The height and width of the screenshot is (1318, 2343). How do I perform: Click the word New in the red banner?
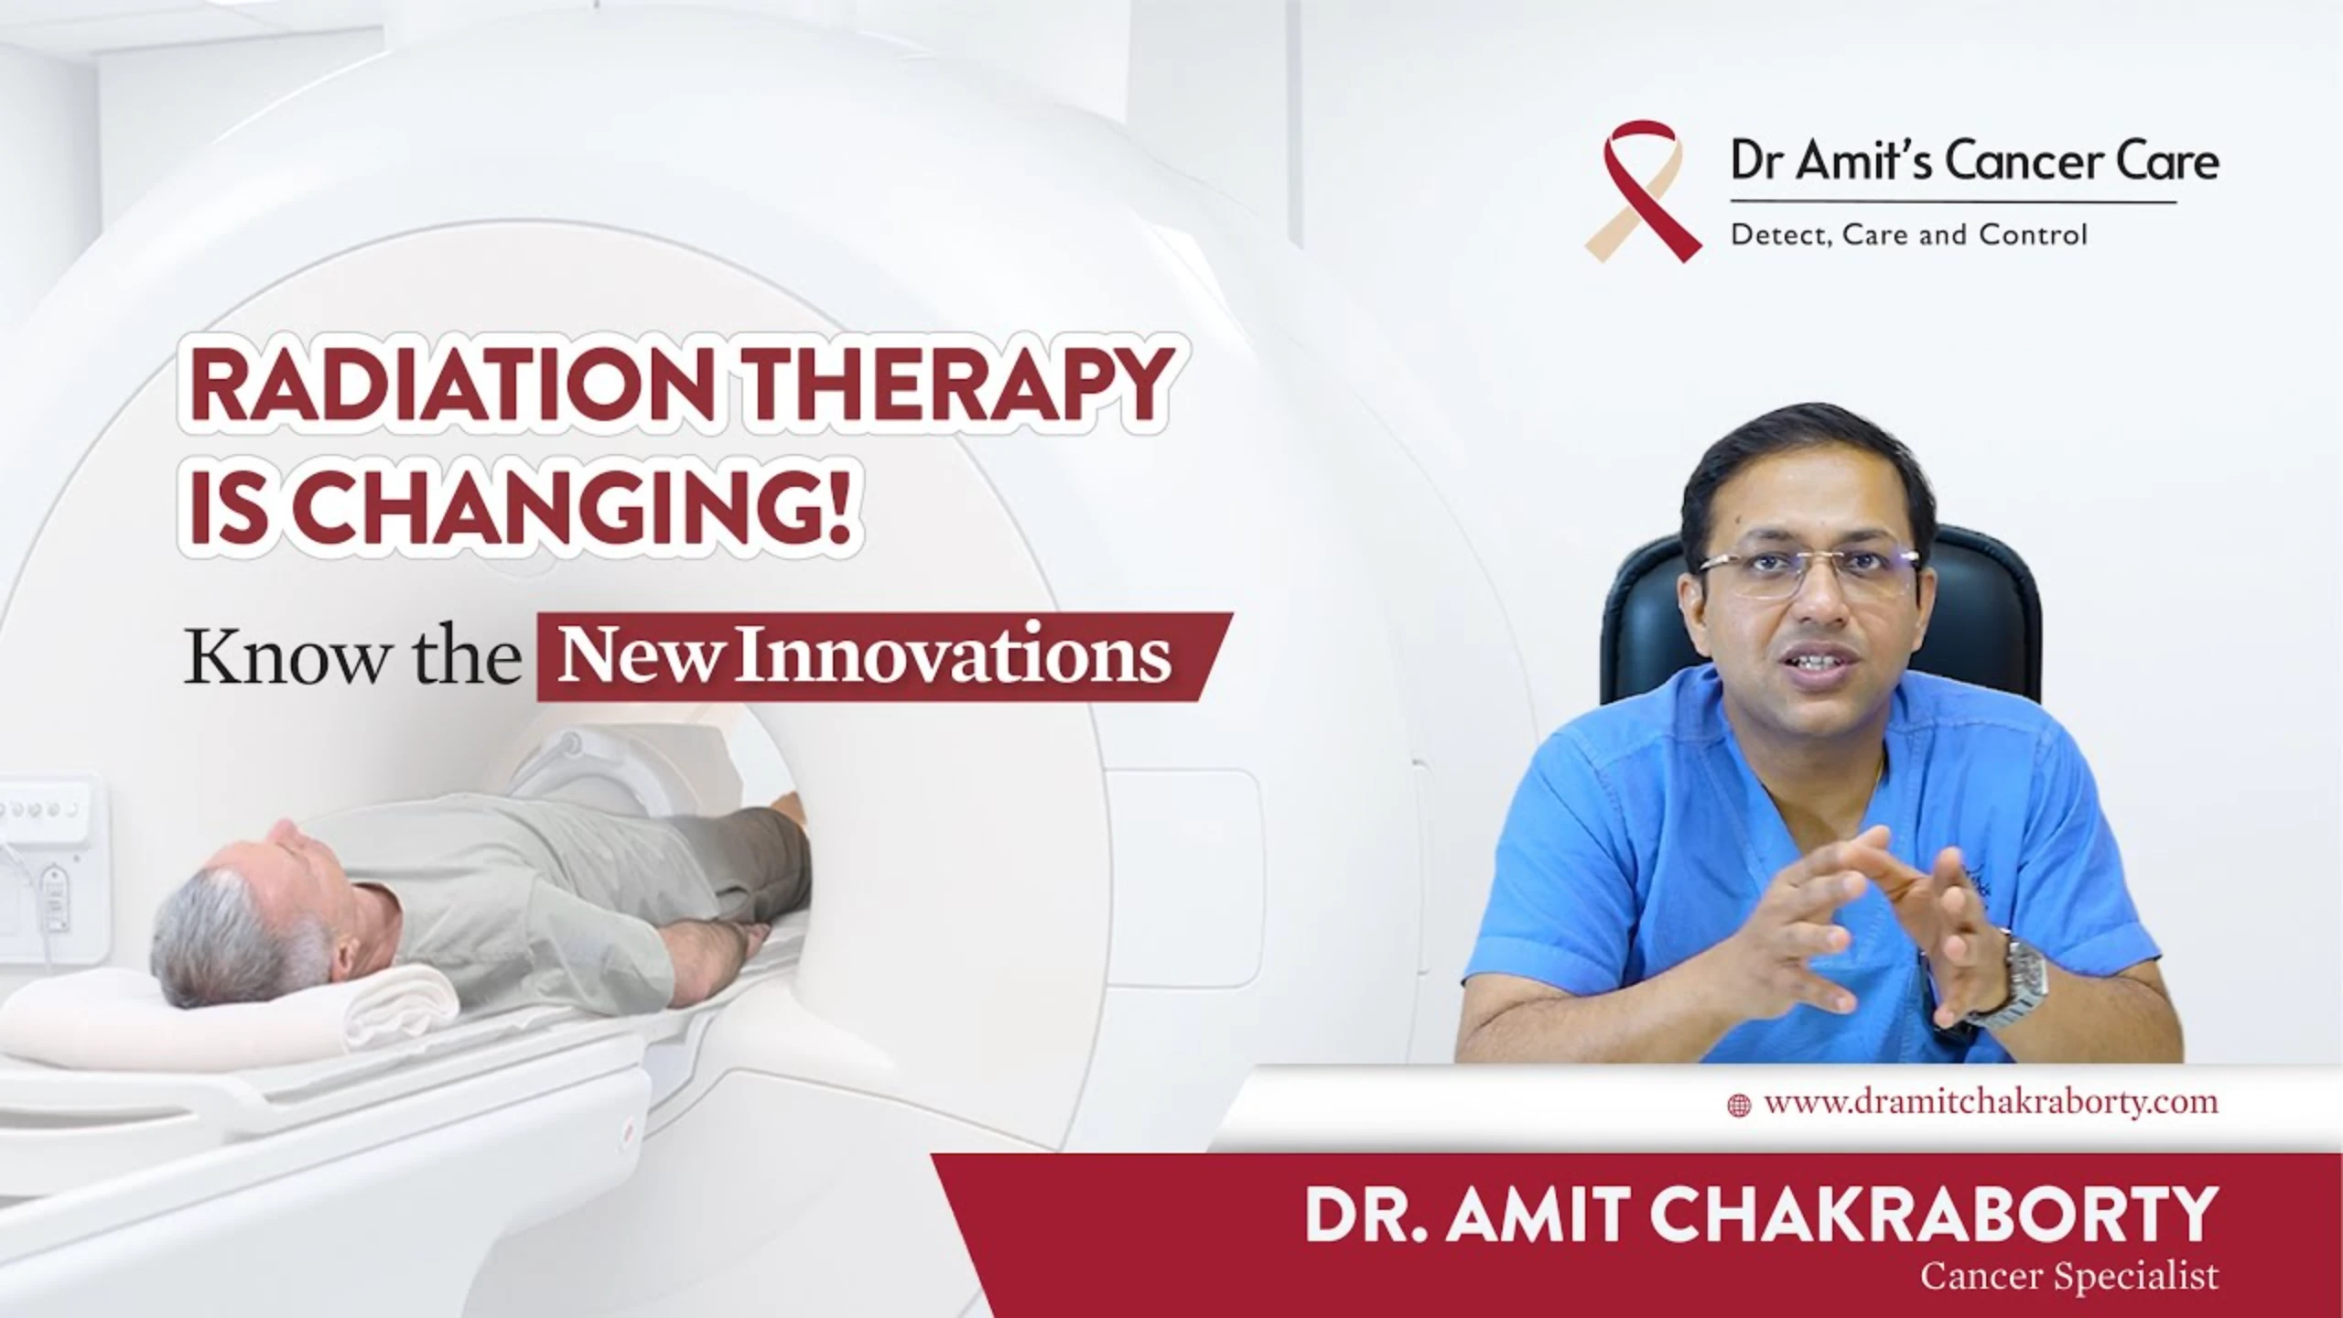[x=635, y=657]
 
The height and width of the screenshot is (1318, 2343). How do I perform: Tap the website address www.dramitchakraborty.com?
[x=1991, y=1102]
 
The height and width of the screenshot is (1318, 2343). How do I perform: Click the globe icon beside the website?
[x=1738, y=1105]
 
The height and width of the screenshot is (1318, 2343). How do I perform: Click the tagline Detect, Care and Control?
[x=1908, y=235]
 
